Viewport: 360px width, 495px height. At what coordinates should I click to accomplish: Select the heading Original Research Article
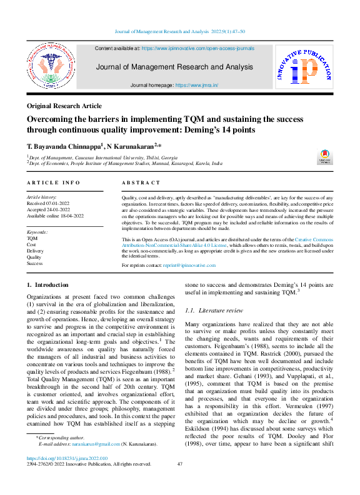tap(65, 107)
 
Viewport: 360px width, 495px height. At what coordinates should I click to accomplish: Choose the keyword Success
tap(35, 264)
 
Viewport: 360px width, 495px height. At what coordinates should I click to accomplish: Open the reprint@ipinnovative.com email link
tap(189, 266)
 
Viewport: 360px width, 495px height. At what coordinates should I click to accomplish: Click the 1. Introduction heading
tap(47, 285)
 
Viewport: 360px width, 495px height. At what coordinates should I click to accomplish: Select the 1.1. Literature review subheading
tap(212, 311)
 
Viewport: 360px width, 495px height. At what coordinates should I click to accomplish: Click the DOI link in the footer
tap(67, 458)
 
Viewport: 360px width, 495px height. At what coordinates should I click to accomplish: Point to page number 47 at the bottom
tap(179, 464)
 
